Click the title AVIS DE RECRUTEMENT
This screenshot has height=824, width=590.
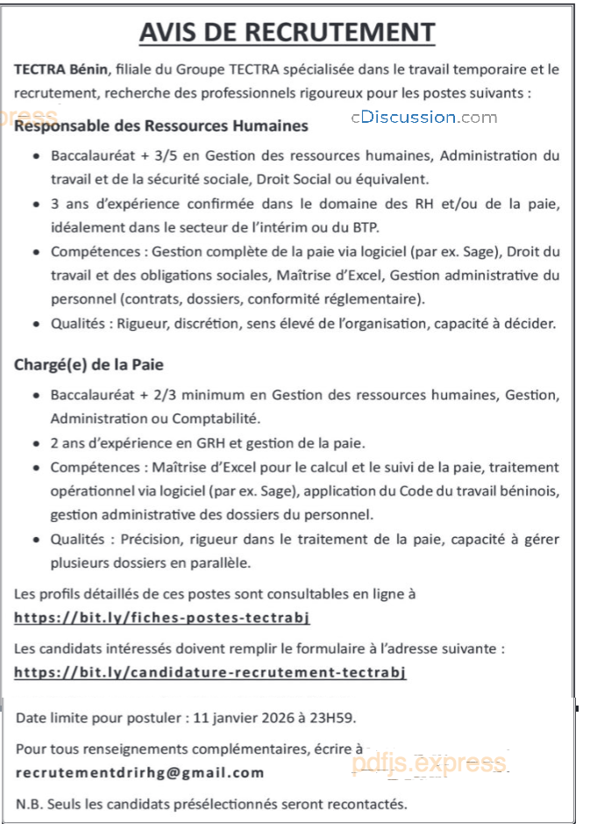coord(288,32)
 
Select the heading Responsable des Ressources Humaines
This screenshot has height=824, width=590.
coord(162,125)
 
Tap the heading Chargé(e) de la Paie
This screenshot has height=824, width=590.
coord(89,363)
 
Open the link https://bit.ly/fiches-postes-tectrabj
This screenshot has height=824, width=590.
coord(162,618)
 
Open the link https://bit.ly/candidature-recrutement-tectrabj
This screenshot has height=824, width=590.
coord(211,673)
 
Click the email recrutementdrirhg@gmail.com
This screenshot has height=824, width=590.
coord(140,773)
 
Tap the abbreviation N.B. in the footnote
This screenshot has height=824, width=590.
coord(29,804)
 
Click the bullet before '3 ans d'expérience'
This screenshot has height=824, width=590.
coord(34,204)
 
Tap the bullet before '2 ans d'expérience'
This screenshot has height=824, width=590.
coord(34,442)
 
